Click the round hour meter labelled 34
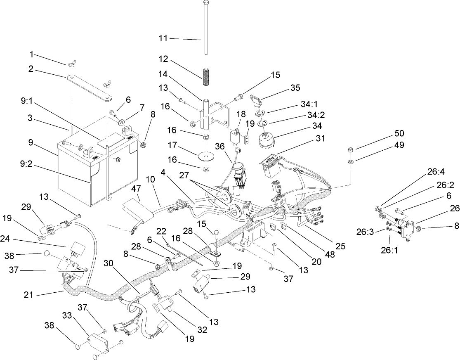pyautogui.click(x=266, y=141)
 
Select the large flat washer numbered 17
pyautogui.click(x=205, y=157)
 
